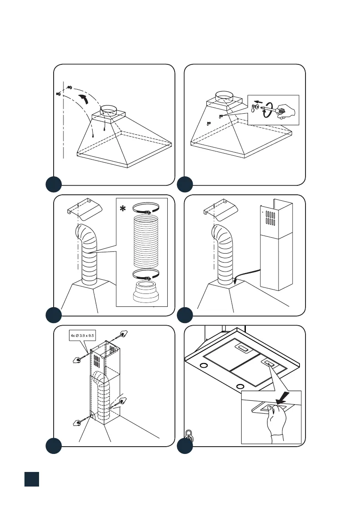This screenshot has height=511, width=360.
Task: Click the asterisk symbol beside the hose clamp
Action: (x=123, y=209)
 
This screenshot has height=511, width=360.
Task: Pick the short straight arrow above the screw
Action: (x=257, y=102)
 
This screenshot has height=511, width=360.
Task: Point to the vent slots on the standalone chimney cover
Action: (x=269, y=218)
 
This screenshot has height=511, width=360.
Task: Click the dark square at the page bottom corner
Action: (x=32, y=479)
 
